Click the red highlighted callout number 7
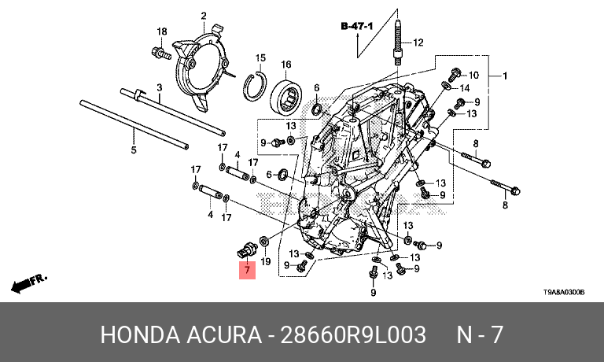[247, 270]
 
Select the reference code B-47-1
[357, 26]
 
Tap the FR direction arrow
[29, 283]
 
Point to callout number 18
[162, 31]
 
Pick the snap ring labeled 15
[255, 86]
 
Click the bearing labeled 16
[285, 96]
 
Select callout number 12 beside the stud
[418, 42]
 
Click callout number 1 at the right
[505, 76]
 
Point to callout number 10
[473, 75]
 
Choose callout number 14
[465, 88]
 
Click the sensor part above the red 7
[246, 249]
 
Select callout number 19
[266, 262]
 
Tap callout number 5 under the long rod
[133, 150]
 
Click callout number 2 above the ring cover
[204, 17]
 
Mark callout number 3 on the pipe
[160, 87]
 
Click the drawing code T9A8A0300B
[564, 292]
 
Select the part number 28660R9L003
[353, 334]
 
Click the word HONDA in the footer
[140, 334]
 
